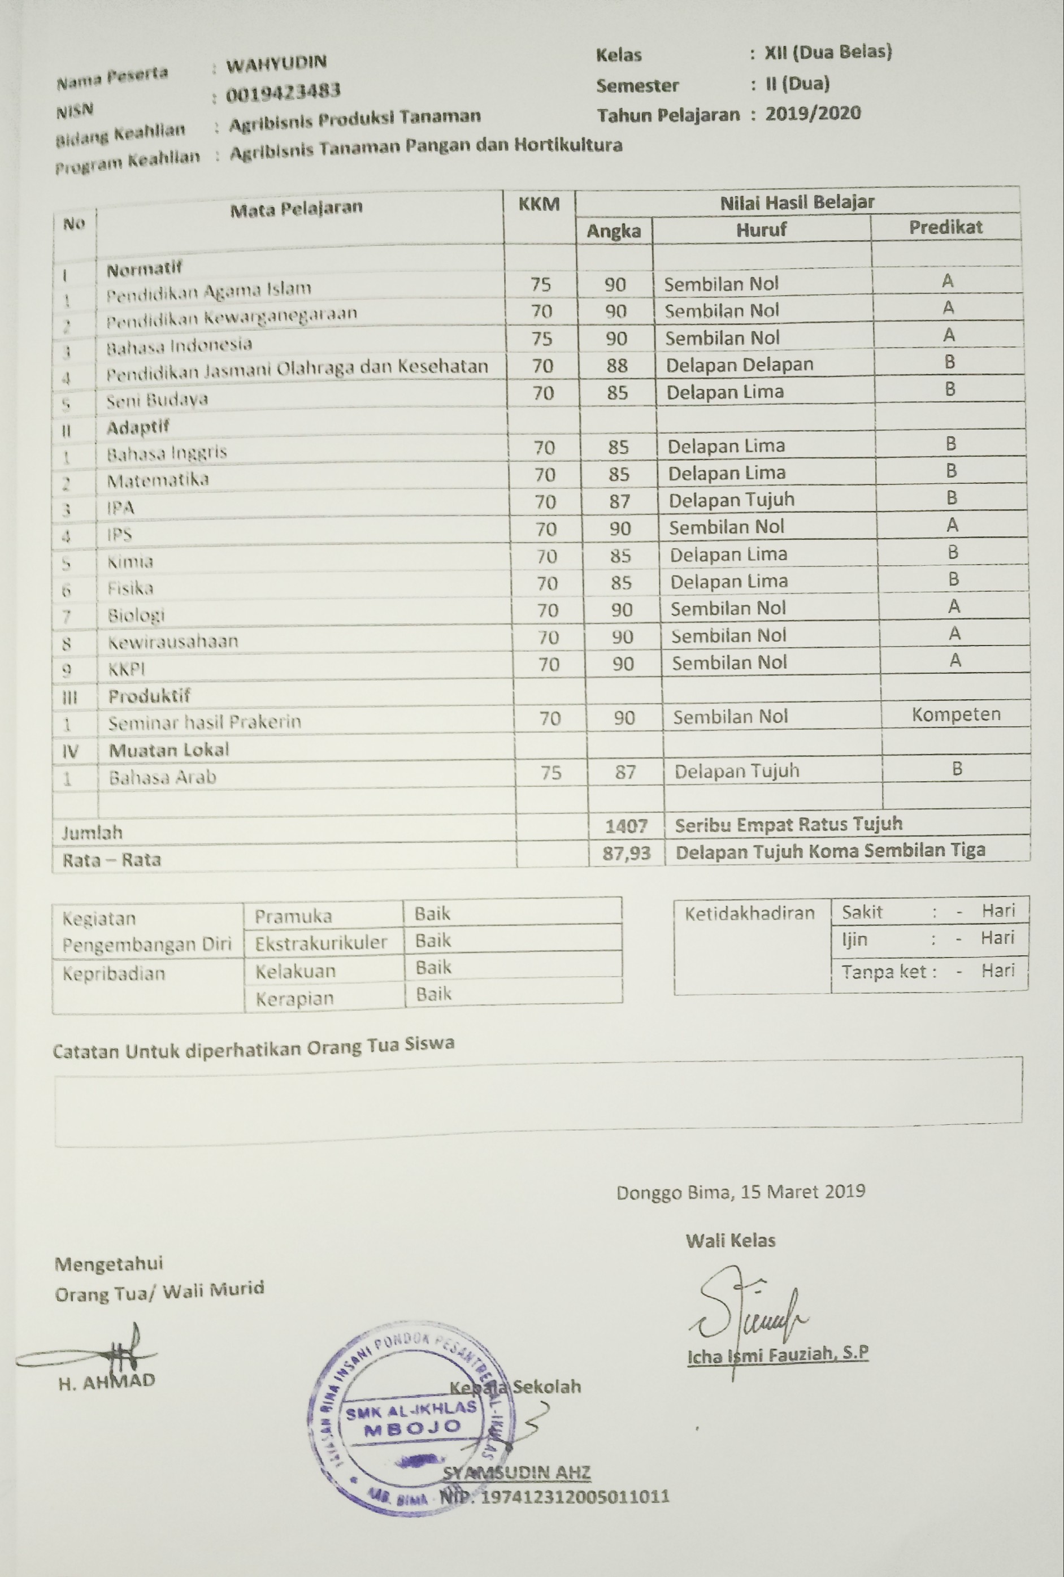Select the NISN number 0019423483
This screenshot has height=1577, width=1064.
[283, 92]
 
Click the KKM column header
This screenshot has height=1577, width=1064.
[539, 203]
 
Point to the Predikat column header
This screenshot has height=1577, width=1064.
[945, 227]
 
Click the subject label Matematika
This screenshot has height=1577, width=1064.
[158, 480]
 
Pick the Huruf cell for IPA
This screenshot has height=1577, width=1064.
[732, 500]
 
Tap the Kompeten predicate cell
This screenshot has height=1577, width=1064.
[956, 714]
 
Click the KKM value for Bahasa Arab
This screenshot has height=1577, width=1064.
[551, 772]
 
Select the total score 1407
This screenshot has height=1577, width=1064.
[626, 826]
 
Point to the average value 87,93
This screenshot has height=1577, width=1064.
[626, 852]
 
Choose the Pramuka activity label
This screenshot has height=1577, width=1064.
[293, 917]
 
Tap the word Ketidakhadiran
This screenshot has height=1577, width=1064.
[749, 913]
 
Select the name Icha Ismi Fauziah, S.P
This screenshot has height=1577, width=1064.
[778, 1355]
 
